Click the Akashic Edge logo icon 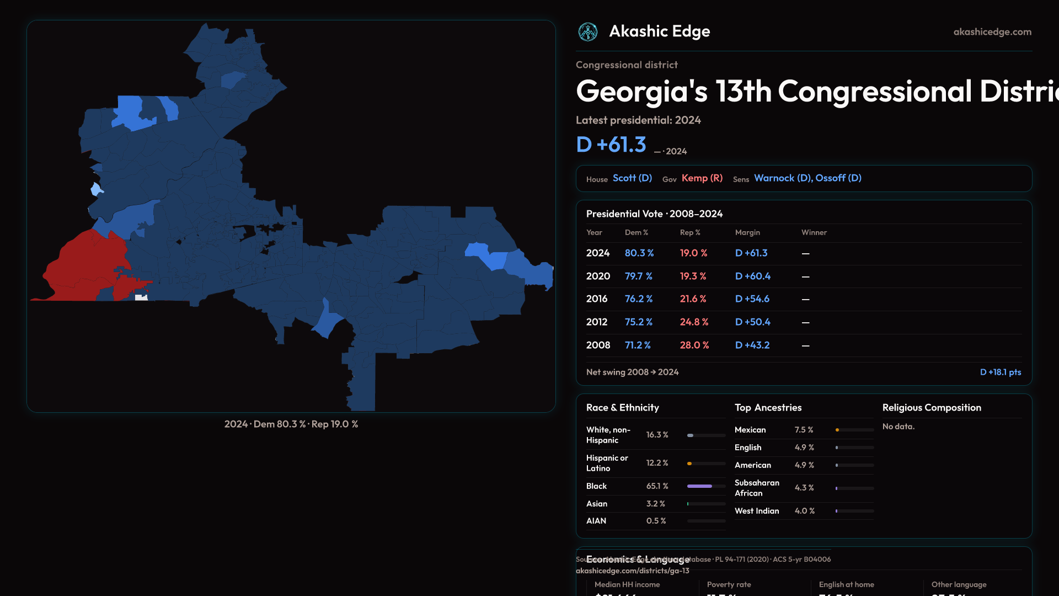[x=588, y=32]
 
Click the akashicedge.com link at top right [x=992, y=32]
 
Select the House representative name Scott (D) [x=632, y=178]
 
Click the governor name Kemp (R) [x=702, y=178]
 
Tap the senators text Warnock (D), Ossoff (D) [x=807, y=178]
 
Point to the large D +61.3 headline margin [x=611, y=145]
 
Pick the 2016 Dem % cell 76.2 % [x=638, y=299]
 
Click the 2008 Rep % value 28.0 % [x=694, y=345]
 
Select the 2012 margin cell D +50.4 [x=752, y=322]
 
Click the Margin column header [x=747, y=233]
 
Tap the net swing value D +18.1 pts [x=1000, y=372]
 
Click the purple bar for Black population [x=699, y=486]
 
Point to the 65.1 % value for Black [x=657, y=486]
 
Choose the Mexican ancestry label [x=750, y=430]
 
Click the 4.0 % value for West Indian [x=804, y=511]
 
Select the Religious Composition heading [x=932, y=408]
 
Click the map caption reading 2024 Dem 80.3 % [x=291, y=424]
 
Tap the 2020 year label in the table [x=598, y=276]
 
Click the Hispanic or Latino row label [x=607, y=463]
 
